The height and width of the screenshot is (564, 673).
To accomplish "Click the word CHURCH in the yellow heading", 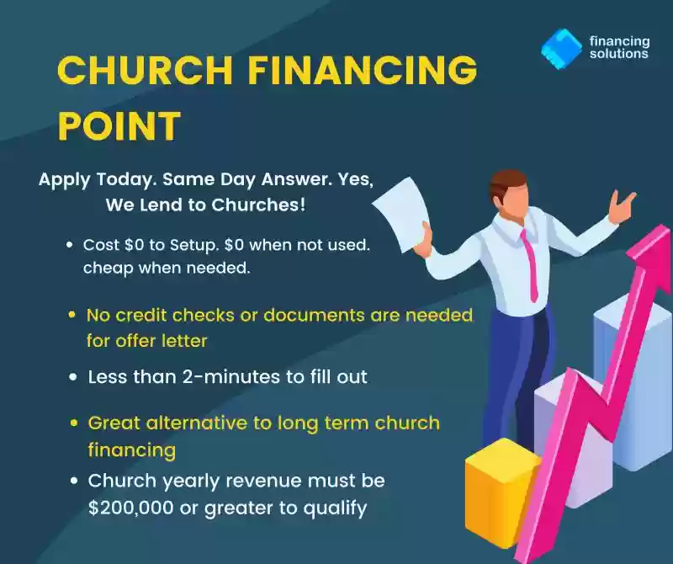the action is tap(145, 70).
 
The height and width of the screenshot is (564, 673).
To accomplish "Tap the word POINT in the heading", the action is tap(119, 125).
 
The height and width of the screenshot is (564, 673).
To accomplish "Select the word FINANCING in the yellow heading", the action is tap(363, 70).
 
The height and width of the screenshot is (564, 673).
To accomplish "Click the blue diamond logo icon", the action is tap(561, 48).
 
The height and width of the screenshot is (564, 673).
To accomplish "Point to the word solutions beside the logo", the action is tap(618, 54).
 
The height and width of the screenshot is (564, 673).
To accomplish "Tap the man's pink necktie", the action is tap(530, 265).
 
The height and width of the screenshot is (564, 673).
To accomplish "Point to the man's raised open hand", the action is tap(622, 206).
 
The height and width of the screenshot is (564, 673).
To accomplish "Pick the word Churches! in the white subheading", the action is tap(258, 205).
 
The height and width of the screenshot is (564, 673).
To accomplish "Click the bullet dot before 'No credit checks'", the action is tap(72, 315).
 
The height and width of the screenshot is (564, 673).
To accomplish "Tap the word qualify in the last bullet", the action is tap(335, 508).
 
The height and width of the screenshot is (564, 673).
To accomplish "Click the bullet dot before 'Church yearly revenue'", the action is tap(74, 480).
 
